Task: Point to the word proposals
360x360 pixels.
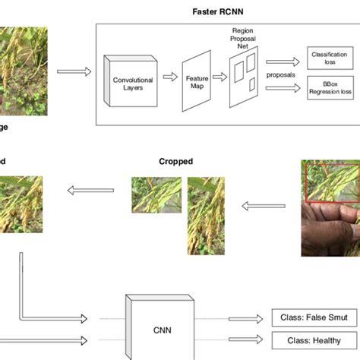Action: point(280,75)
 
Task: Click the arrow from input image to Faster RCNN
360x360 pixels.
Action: point(73,72)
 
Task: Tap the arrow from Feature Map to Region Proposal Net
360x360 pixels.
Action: point(221,77)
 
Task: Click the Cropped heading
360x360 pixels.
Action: point(175,162)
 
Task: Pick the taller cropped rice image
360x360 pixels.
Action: point(205,215)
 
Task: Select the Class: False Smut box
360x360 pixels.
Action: point(307,319)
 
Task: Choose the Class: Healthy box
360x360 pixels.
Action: point(307,341)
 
